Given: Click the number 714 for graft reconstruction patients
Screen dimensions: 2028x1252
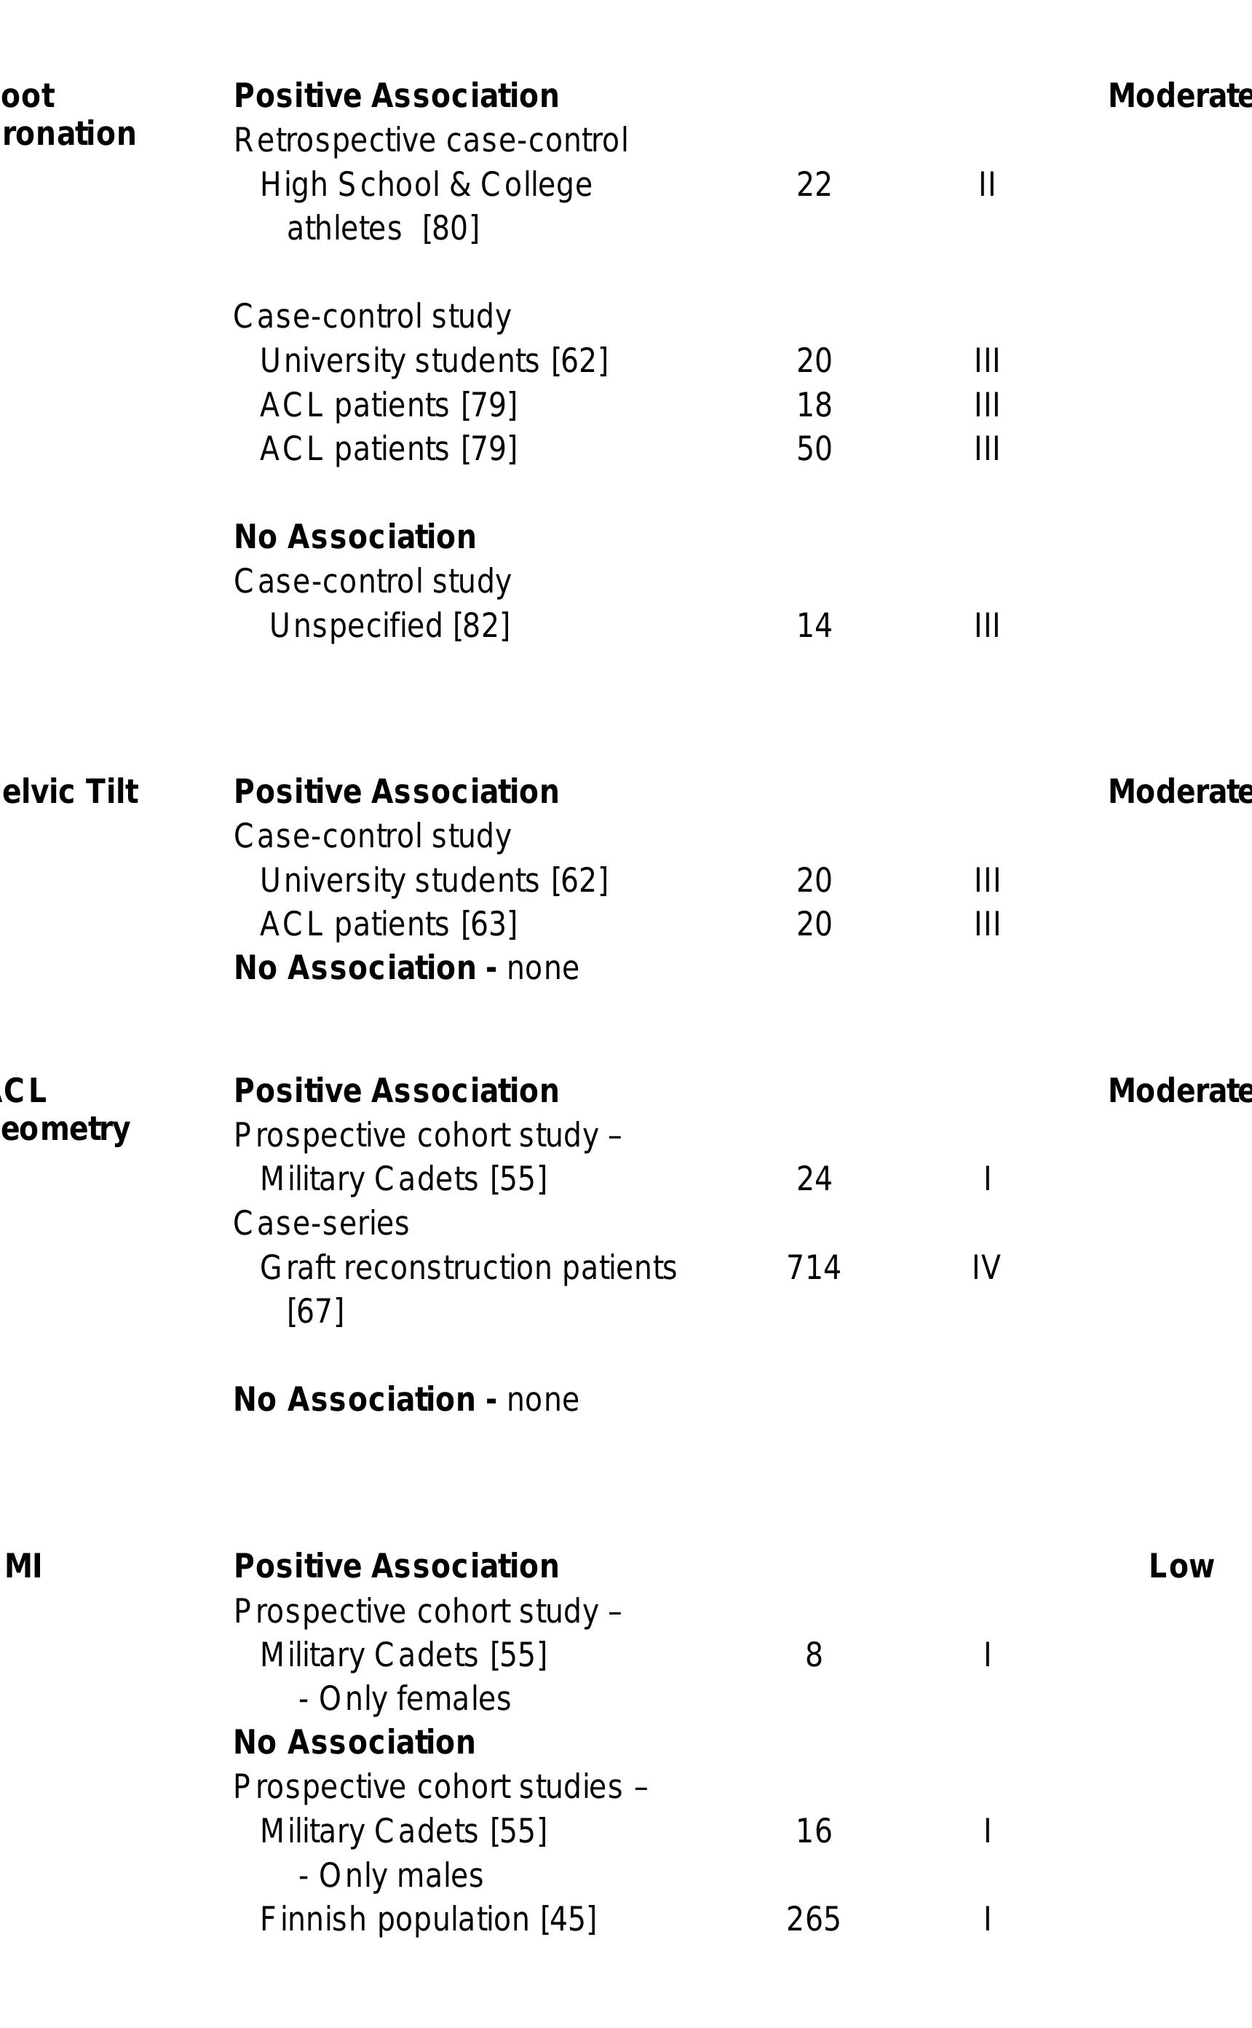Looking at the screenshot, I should coord(813,1268).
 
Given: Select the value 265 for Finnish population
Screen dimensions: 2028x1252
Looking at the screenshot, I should coord(813,1919).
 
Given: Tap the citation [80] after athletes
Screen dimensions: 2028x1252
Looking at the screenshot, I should coord(451,229).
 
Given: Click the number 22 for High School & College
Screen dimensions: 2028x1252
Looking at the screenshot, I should coord(813,185).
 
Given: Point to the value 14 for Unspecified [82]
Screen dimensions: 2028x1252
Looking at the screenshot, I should coord(813,625).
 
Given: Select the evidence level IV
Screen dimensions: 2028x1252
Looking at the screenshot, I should coord(986,1268).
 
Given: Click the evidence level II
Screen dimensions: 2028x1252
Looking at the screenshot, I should coord(986,185).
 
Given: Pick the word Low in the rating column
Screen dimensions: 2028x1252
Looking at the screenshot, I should coord(1181,1566).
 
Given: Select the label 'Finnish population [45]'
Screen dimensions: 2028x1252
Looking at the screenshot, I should coord(427,1919).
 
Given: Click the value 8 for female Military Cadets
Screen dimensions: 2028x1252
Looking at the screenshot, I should coord(813,1655).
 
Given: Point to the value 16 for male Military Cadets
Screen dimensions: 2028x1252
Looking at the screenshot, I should coord(813,1831).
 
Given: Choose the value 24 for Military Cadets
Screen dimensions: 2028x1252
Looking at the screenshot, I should coord(813,1179).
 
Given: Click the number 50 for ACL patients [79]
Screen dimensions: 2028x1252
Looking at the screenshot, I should coord(813,449).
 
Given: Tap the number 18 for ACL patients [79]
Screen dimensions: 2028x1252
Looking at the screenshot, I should coord(813,405).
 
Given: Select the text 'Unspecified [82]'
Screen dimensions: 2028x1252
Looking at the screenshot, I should coord(389,625).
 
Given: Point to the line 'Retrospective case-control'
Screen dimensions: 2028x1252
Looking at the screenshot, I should coord(431,140).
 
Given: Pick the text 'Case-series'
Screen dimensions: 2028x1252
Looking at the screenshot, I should coord(321,1223).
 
